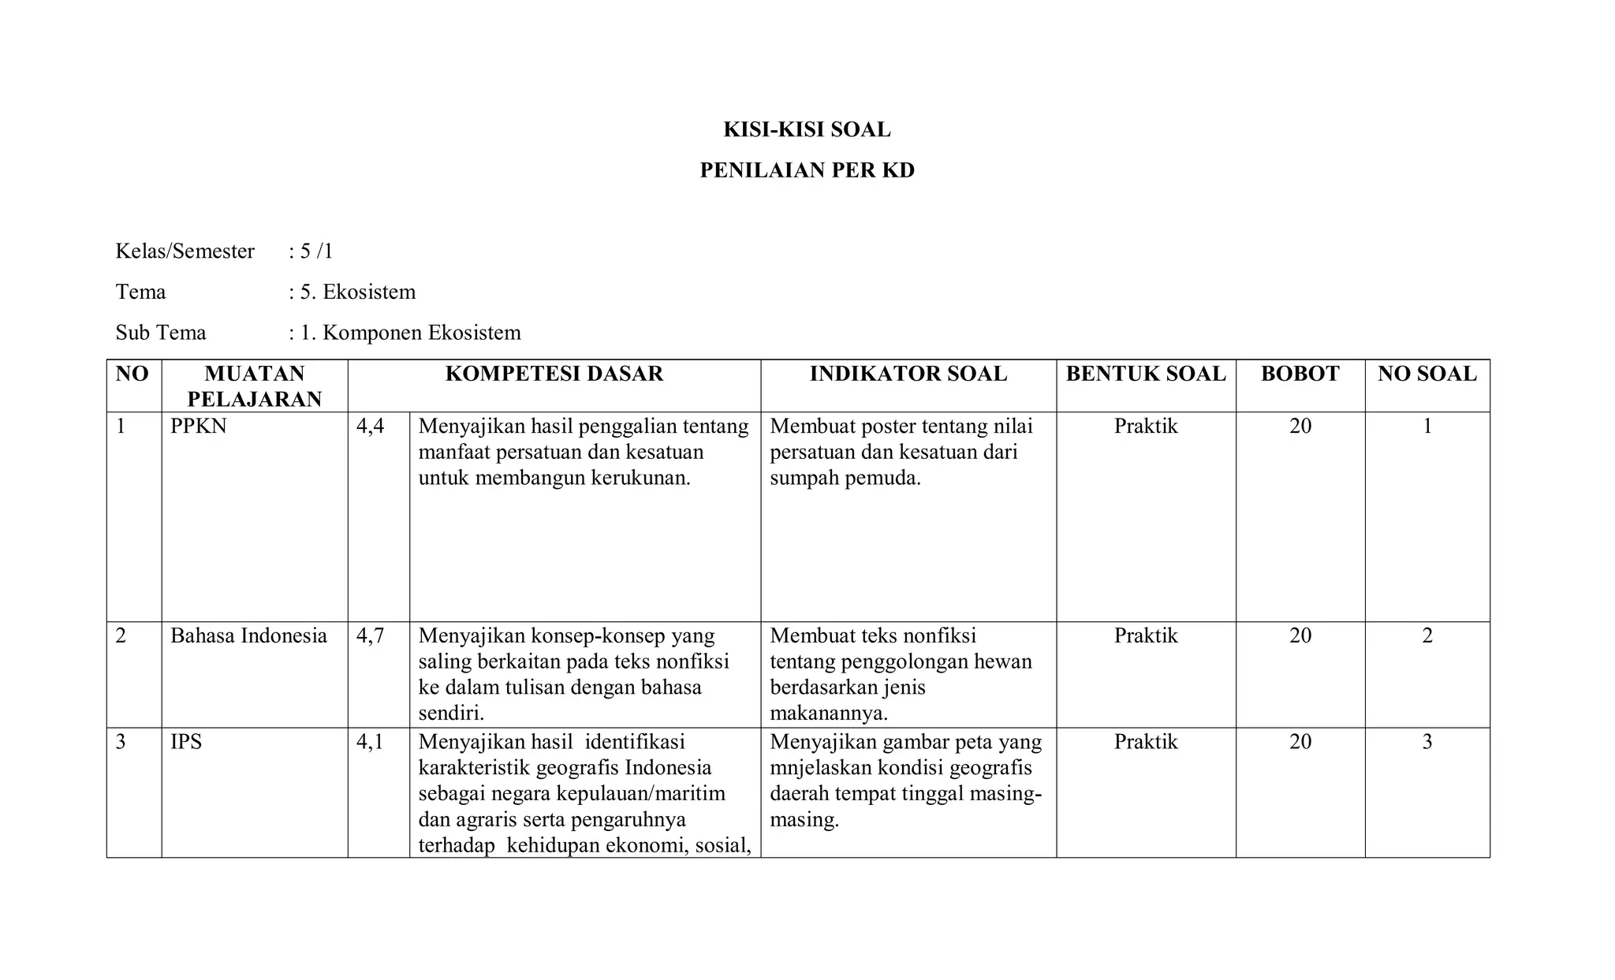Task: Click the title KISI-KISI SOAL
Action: click(807, 130)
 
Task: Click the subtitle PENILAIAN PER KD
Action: click(807, 170)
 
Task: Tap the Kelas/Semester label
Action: click(185, 252)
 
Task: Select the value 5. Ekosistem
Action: click(357, 293)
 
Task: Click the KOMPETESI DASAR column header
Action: click(554, 374)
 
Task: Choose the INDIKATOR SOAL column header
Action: click(908, 374)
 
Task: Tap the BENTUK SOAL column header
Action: click(1146, 374)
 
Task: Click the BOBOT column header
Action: click(1300, 374)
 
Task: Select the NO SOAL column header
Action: click(1427, 374)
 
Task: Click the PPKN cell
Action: click(198, 427)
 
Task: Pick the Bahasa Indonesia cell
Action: click(248, 636)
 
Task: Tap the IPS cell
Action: click(186, 742)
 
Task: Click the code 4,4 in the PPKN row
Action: click(370, 427)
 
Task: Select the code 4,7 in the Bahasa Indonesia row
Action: click(370, 636)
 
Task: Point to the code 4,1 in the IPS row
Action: click(370, 742)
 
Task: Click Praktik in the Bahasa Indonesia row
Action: click(1145, 636)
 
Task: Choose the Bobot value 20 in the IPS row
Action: click(1300, 742)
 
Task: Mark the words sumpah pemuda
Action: click(845, 479)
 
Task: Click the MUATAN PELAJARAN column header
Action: click(254, 386)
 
